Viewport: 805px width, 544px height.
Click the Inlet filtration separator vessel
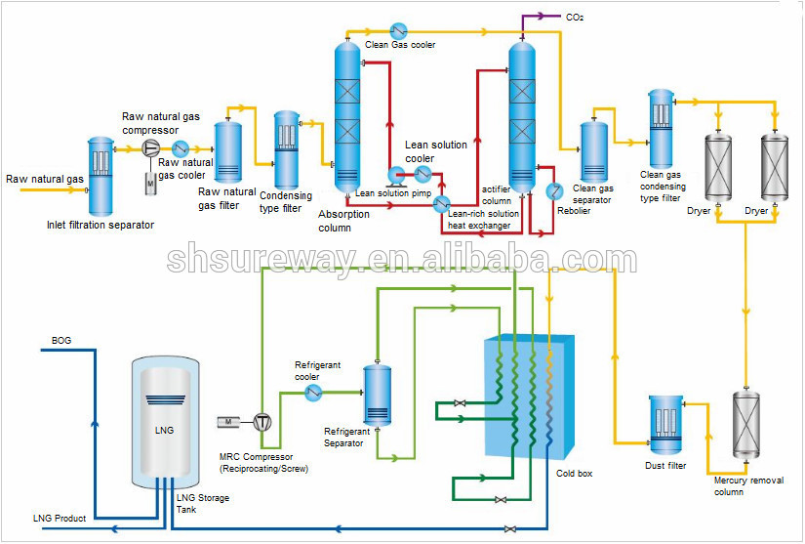pyautogui.click(x=101, y=176)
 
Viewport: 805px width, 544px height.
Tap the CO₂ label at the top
pyautogui.click(x=576, y=17)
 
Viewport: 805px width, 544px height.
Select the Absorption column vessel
pyautogui.click(x=347, y=117)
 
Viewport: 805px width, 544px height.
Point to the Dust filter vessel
pyautogui.click(x=668, y=426)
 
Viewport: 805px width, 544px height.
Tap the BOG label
pyautogui.click(x=61, y=340)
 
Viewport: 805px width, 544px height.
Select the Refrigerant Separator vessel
pyautogui.click(x=377, y=396)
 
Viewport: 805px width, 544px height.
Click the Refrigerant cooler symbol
pyautogui.click(x=312, y=392)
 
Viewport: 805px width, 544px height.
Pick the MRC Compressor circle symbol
pyautogui.click(x=262, y=421)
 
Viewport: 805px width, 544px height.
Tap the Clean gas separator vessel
pyautogui.click(x=593, y=150)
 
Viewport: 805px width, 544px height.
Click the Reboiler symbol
pyautogui.click(x=552, y=189)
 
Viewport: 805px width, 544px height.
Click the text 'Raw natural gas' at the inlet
pyautogui.click(x=45, y=180)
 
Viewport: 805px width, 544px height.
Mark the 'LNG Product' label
pyautogui.click(x=60, y=518)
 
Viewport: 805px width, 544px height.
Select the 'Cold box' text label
pyautogui.click(x=574, y=474)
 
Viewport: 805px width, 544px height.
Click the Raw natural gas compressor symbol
pyautogui.click(x=151, y=147)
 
